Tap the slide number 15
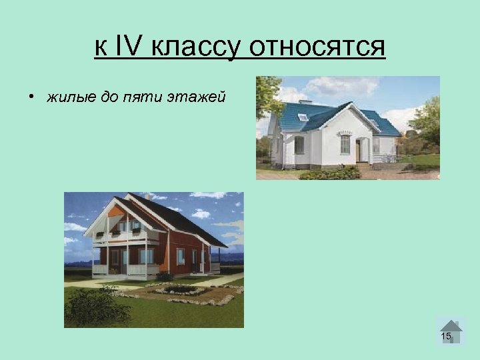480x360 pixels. (x=446, y=336)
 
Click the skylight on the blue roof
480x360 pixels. (x=303, y=117)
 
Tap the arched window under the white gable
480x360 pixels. (x=345, y=143)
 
